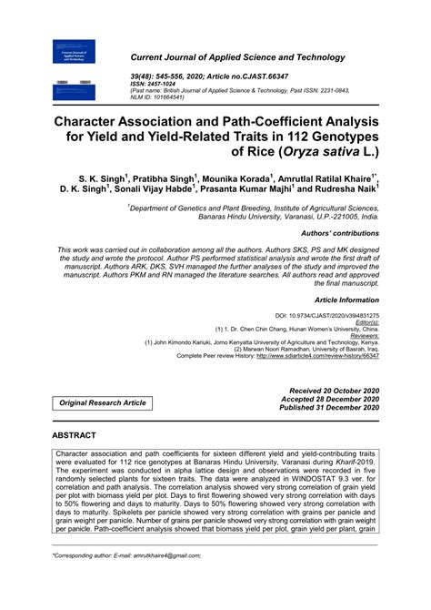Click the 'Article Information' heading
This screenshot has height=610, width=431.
coord(346,299)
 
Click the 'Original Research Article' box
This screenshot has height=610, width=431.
coord(103,402)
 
